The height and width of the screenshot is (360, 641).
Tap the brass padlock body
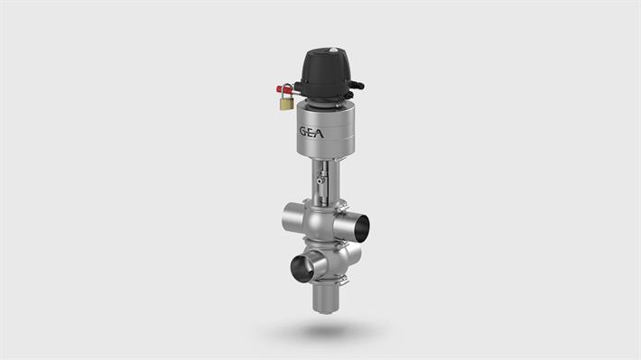click(284, 105)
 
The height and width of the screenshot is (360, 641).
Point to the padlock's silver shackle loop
click(286, 91)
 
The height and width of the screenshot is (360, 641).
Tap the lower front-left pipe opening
click(300, 267)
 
